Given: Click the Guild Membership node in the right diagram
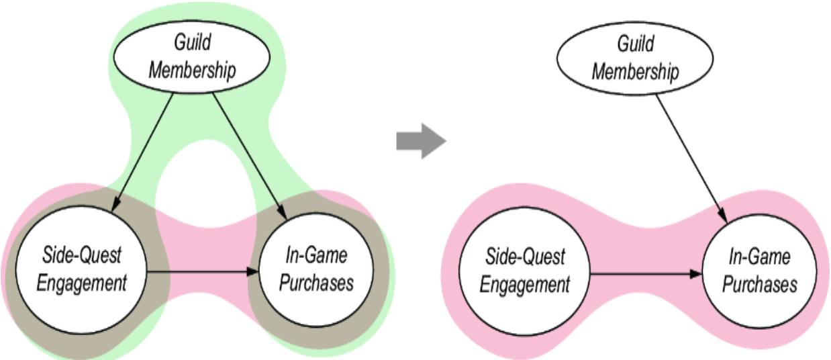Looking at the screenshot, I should click(x=635, y=56).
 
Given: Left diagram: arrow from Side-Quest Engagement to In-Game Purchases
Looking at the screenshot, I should click(x=201, y=272).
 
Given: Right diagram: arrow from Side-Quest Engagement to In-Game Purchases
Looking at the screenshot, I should click(x=644, y=274).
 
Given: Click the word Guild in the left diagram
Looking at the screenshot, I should click(x=192, y=43).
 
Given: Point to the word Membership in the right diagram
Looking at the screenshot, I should click(x=635, y=71).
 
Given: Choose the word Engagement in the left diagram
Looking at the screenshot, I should click(x=81, y=283).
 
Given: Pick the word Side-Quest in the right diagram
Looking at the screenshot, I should click(x=525, y=257).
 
